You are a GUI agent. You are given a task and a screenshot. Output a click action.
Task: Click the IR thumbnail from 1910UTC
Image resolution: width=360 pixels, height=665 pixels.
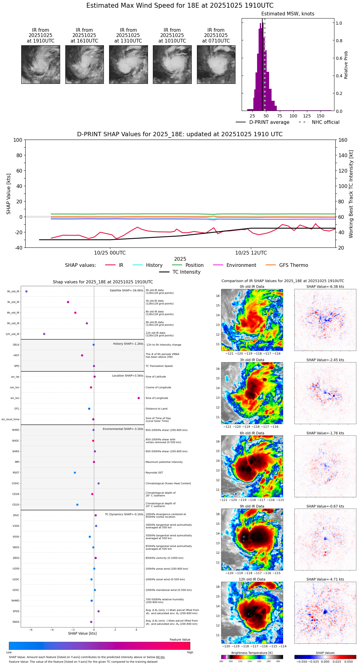[x=41, y=64]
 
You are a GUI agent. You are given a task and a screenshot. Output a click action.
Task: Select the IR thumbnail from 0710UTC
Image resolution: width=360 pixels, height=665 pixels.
[x=216, y=64]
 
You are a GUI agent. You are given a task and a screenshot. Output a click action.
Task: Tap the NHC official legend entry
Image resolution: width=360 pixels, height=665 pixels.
[x=325, y=122]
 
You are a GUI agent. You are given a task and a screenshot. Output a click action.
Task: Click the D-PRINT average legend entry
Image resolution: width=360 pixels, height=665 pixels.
[x=269, y=122]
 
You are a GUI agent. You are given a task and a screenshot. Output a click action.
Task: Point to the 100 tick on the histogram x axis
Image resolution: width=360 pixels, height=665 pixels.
[x=293, y=116]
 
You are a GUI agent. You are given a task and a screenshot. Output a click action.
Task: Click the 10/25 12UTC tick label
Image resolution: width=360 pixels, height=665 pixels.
[x=251, y=253]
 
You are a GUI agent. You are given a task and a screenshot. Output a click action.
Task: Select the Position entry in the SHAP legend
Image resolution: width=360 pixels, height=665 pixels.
[x=194, y=265]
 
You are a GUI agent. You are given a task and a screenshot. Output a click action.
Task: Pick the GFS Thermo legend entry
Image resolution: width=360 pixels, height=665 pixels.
[x=293, y=265]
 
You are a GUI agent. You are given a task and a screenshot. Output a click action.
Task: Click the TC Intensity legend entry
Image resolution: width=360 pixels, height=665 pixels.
[x=186, y=272]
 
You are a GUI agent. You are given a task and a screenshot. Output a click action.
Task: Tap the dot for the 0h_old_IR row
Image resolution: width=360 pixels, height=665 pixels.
[x=27, y=292]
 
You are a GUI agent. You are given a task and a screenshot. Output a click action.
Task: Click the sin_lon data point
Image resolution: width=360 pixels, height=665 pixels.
[x=139, y=398]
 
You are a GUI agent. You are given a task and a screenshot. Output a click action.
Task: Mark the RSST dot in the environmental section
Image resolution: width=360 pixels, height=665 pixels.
[x=75, y=473]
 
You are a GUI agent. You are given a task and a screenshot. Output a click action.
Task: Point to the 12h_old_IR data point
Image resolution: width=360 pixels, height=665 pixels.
[x=44, y=334]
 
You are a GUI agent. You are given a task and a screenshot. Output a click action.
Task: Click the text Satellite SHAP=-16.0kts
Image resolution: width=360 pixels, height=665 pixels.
[x=126, y=291]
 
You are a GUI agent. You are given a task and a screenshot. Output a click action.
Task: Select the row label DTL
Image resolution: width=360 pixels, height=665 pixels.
[x=17, y=409]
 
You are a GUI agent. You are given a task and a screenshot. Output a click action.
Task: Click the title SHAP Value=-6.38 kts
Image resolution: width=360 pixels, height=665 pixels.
[x=325, y=287]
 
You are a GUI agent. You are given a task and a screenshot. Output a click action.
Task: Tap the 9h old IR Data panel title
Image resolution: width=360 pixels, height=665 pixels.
[x=252, y=506]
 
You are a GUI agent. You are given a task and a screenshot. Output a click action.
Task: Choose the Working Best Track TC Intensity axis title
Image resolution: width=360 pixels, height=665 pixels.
[x=351, y=194]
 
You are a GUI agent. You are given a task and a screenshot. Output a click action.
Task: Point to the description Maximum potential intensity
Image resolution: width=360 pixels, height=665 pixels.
[x=164, y=462]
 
